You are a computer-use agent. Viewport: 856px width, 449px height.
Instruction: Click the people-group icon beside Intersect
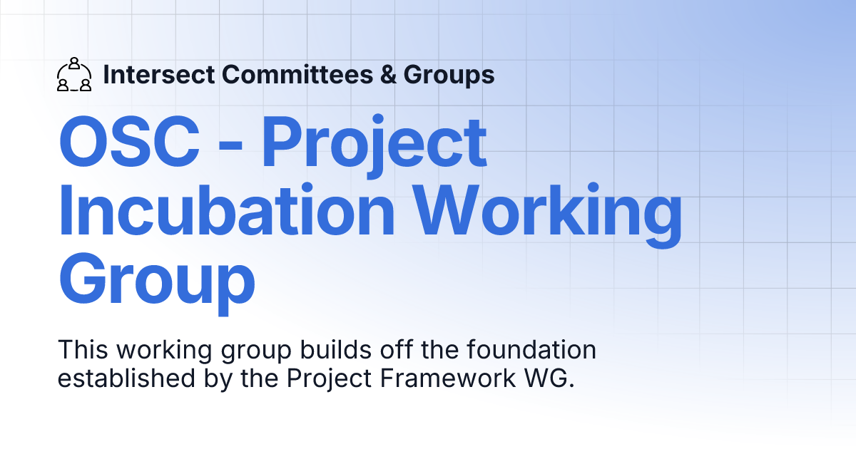(x=73, y=75)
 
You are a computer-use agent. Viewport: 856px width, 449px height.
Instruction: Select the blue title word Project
(x=374, y=143)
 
